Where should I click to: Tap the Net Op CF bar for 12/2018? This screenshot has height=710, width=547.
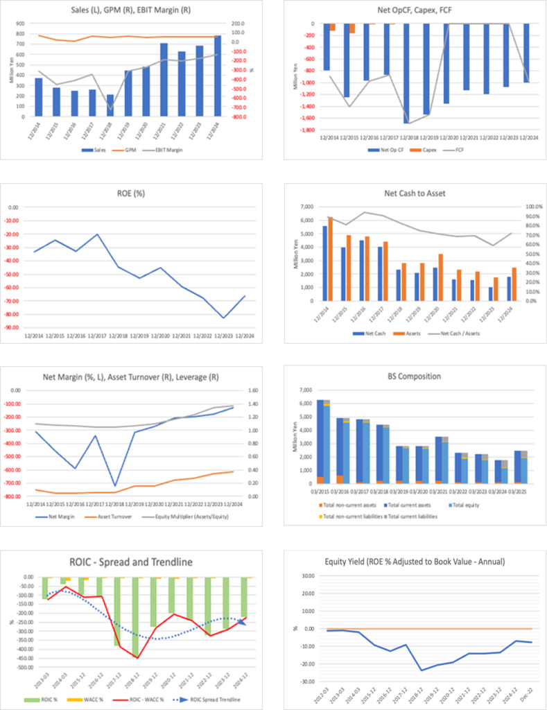[406, 73]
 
